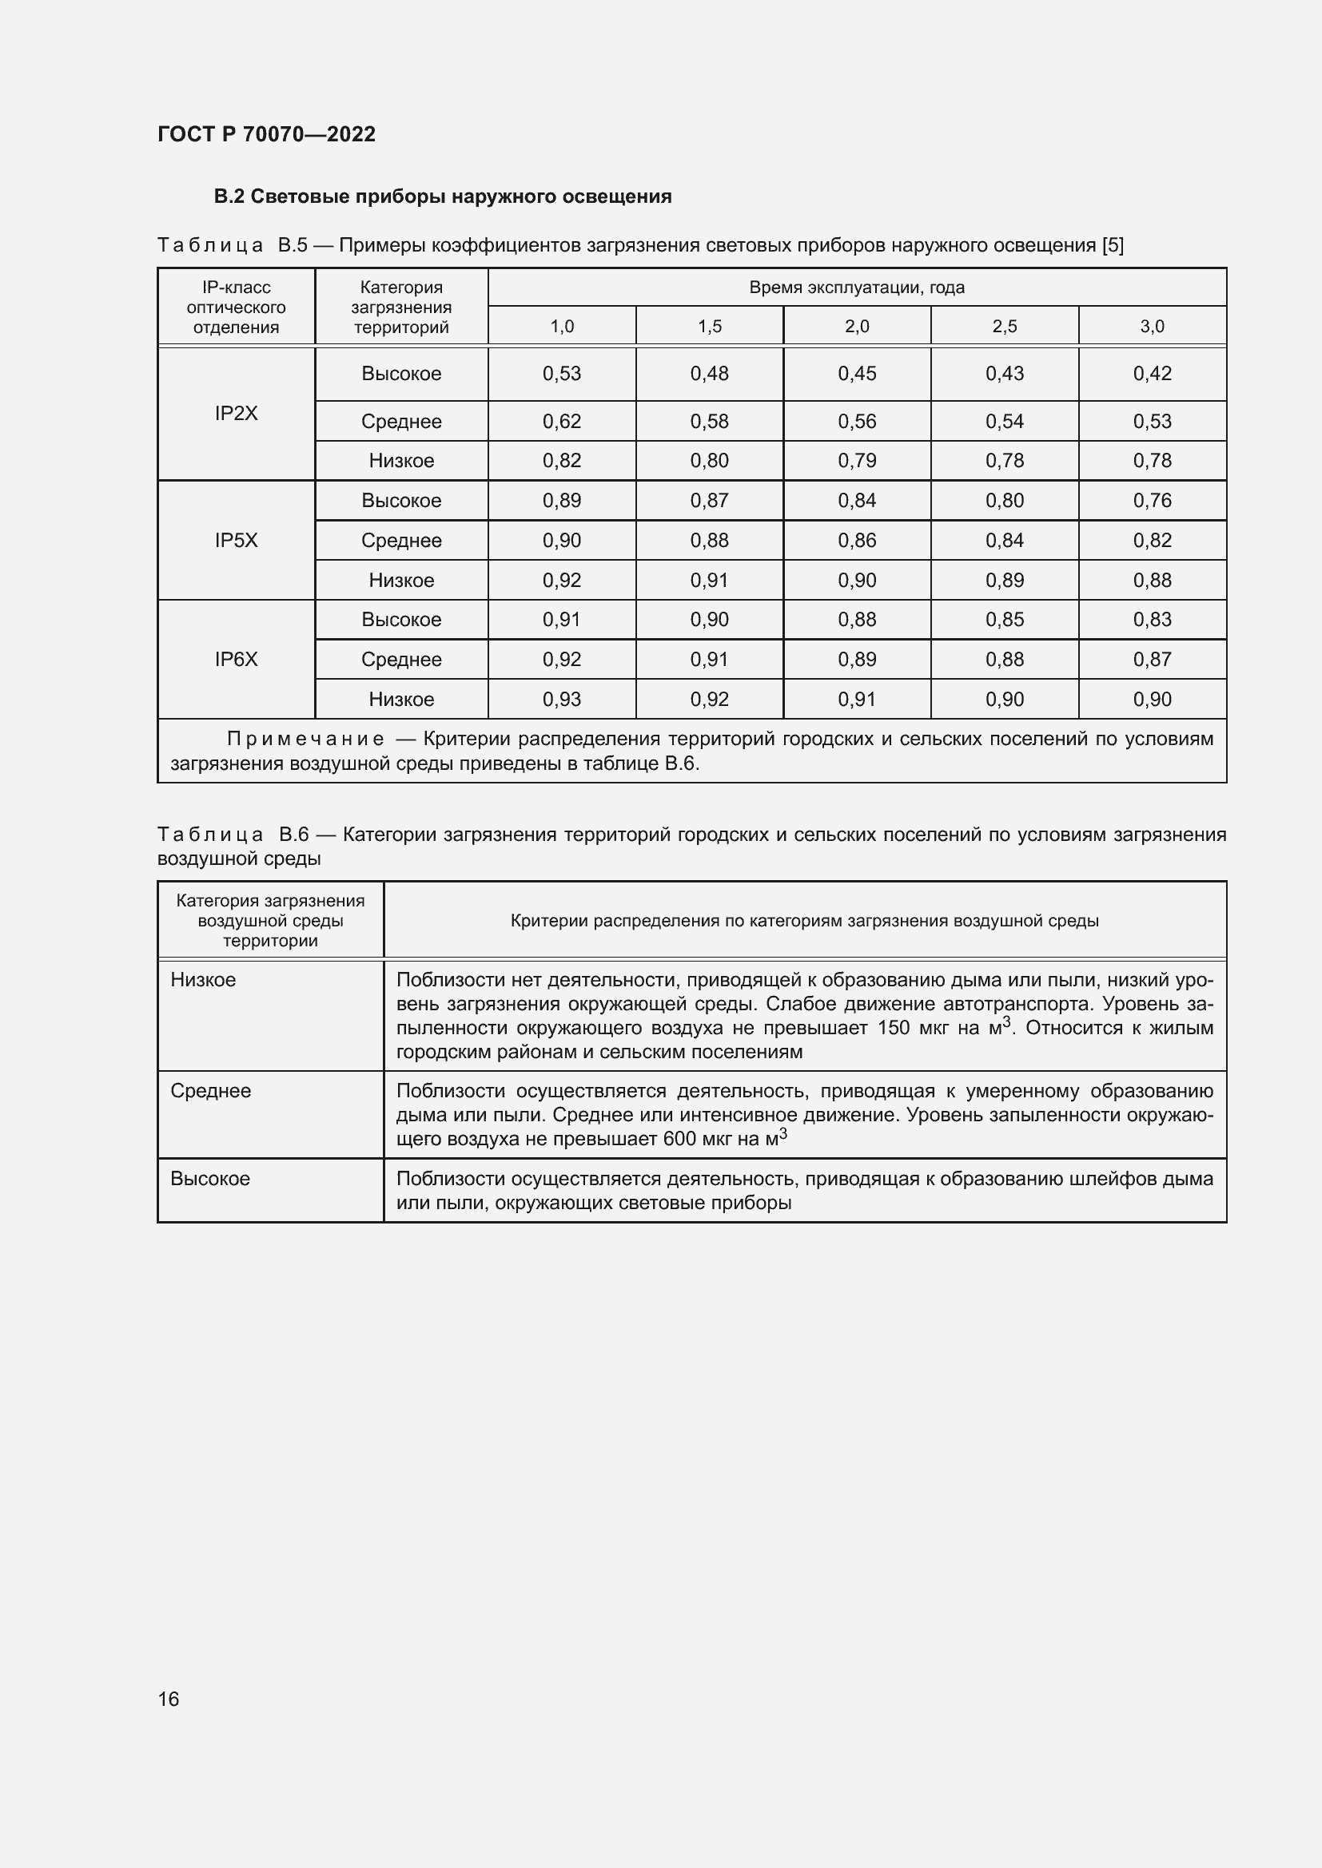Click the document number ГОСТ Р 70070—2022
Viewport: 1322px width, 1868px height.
266,134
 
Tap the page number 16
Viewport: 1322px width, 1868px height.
169,1699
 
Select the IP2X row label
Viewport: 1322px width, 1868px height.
236,414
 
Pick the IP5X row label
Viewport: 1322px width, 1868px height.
236,540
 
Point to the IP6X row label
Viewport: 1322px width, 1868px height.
236,659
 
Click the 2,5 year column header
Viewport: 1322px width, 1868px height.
1005,327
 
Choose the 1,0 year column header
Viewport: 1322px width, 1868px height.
562,327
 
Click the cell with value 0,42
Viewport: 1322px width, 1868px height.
1152,374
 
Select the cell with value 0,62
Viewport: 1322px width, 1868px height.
562,422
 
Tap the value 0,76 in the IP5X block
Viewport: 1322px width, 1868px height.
1152,501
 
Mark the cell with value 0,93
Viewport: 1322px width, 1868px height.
562,699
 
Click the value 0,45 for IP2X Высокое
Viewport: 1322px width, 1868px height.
856,374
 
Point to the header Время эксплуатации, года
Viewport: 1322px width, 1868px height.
856,288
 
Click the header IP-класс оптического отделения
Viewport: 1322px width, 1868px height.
236,307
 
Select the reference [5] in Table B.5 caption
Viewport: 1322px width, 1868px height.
1112,245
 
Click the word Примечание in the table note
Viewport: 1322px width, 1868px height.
305,739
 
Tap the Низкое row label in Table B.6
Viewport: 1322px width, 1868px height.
204,980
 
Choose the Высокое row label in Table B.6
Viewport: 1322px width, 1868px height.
210,1178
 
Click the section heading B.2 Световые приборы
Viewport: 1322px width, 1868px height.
443,196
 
